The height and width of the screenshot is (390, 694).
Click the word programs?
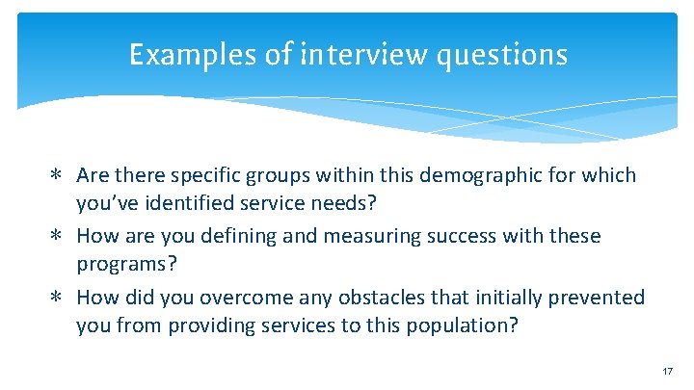(x=120, y=266)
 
